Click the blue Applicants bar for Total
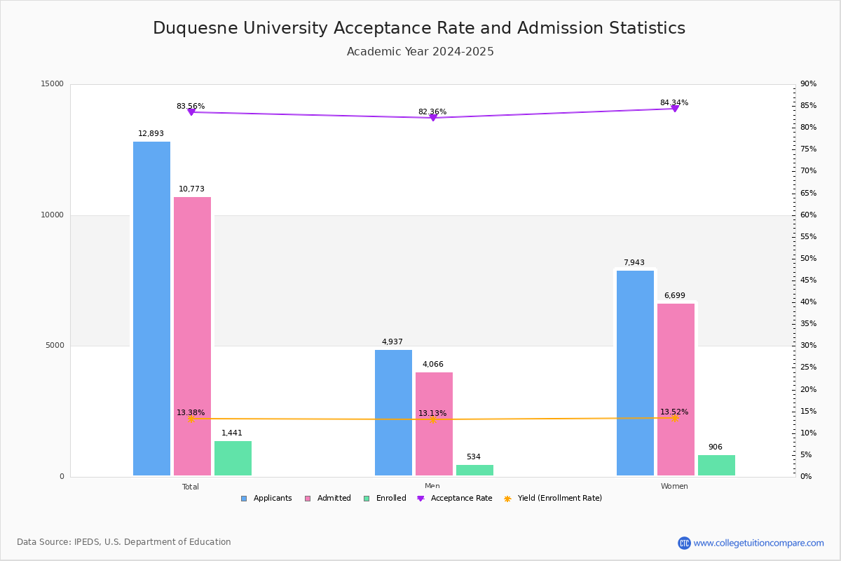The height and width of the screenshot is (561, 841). [x=151, y=309]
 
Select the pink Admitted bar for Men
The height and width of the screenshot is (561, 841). [x=434, y=424]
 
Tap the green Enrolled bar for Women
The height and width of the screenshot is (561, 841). [x=716, y=465]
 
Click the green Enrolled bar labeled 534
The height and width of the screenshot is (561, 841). [x=474, y=470]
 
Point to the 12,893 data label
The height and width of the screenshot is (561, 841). [x=151, y=133]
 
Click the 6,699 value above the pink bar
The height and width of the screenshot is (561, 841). [x=675, y=295]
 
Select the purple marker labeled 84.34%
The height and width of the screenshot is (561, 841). [x=674, y=109]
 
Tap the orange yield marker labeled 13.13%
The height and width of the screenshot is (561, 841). [x=433, y=419]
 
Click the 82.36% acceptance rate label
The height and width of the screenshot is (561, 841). [x=432, y=111]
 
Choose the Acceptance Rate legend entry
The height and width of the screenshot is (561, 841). [x=455, y=499]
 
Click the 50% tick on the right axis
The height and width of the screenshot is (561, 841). [x=808, y=258]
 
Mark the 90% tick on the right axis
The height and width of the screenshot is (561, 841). [x=808, y=83]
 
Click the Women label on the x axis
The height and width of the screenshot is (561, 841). [x=674, y=486]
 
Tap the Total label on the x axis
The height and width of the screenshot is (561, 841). [x=191, y=487]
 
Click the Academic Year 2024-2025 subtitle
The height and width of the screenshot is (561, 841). [x=420, y=52]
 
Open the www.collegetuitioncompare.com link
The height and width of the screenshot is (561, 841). [x=758, y=543]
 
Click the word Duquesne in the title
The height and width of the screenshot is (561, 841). [x=191, y=28]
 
